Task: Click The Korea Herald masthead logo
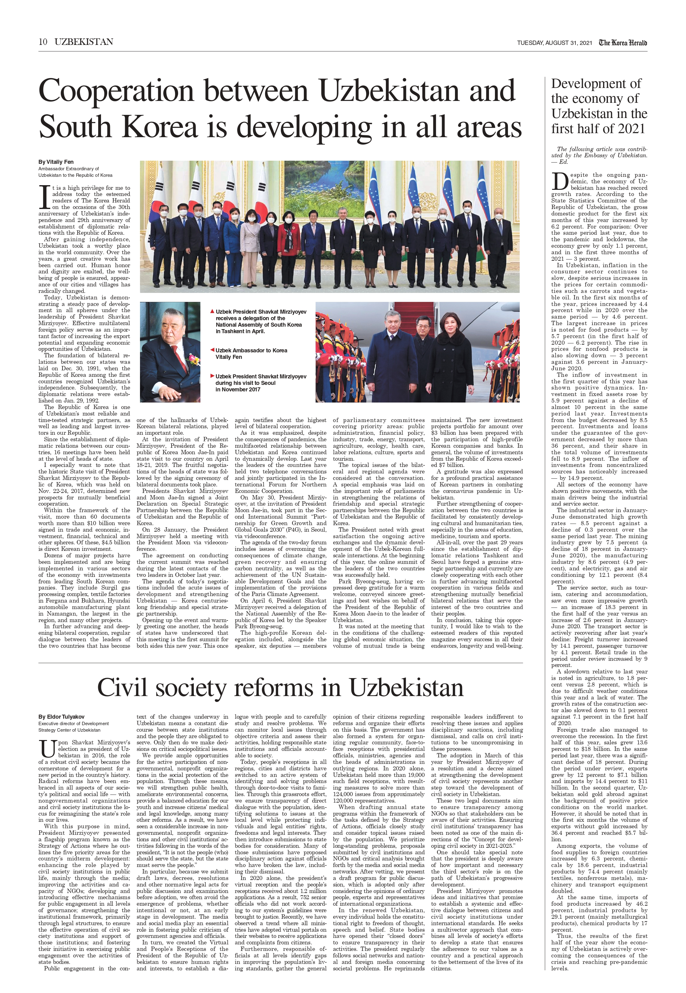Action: (623, 42)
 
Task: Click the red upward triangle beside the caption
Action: (212, 311)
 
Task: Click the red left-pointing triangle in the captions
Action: (212, 350)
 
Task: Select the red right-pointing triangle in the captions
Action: (212, 376)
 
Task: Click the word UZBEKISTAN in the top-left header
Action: (84, 42)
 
